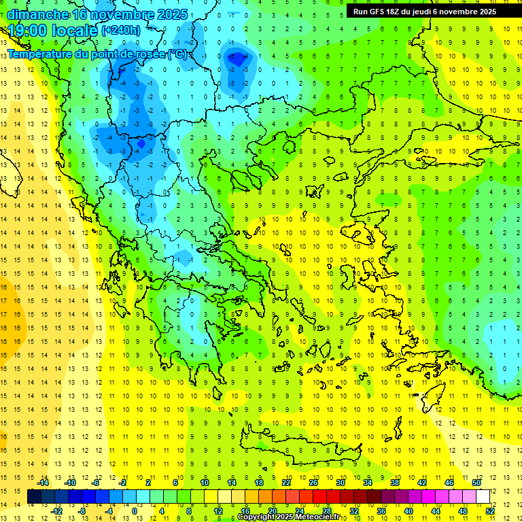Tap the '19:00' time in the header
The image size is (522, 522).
pyautogui.click(x=25, y=31)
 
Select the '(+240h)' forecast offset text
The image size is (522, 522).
pyautogui.click(x=121, y=31)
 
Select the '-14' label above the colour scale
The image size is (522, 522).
pyautogui.click(x=43, y=483)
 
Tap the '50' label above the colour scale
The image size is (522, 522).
pyautogui.click(x=476, y=483)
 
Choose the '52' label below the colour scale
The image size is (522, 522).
pyautogui.click(x=490, y=511)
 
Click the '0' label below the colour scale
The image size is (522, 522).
pyautogui.click(x=135, y=511)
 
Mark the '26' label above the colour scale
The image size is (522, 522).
pyautogui.click(x=313, y=483)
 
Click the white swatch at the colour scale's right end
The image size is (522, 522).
pyautogui.click(x=483, y=497)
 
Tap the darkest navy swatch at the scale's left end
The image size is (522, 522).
pyautogui.click(x=34, y=497)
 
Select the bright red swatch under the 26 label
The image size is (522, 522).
pyautogui.click(x=319, y=497)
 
